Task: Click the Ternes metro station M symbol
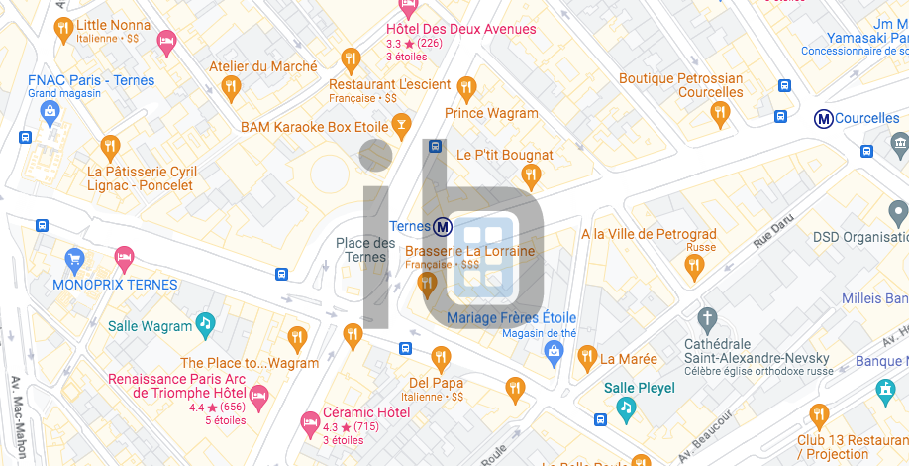click(x=444, y=227)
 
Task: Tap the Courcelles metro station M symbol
click(x=822, y=119)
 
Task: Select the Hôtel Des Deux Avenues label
click(x=461, y=29)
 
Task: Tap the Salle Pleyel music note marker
click(x=625, y=407)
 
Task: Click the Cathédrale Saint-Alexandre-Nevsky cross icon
click(x=706, y=319)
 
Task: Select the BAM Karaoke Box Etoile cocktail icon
click(x=400, y=125)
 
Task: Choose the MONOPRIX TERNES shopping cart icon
click(x=74, y=262)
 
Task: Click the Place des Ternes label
click(x=365, y=250)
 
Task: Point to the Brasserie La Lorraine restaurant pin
click(x=428, y=286)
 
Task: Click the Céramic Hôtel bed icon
click(x=310, y=423)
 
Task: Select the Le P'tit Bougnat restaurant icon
click(x=531, y=177)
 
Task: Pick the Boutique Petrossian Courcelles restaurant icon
click(x=720, y=114)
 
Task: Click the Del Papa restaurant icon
click(x=441, y=358)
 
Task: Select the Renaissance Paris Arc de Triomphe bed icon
click(x=259, y=397)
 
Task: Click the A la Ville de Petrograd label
click(x=649, y=234)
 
